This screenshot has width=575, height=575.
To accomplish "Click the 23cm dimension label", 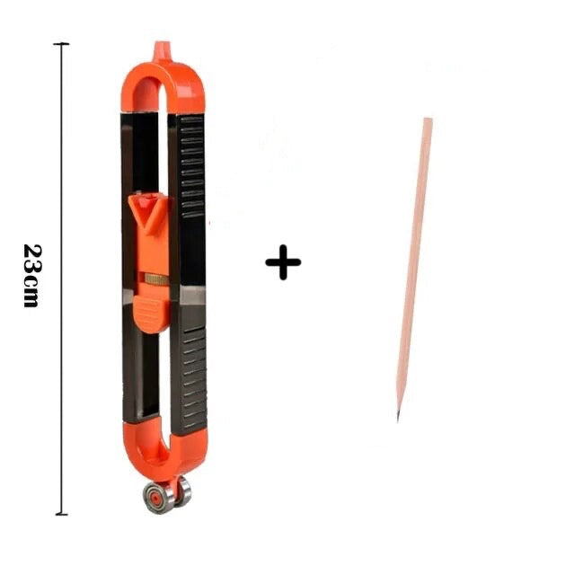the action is [32, 276].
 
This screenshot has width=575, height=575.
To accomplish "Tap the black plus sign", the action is [283, 262].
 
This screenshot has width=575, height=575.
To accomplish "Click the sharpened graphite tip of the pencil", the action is [398, 417].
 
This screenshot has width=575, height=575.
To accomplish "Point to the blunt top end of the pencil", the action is [428, 119].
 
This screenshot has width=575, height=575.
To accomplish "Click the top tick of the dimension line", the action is [61, 44].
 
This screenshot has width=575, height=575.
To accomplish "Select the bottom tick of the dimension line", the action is [61, 514].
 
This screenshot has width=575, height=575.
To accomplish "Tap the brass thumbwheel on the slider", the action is [156, 279].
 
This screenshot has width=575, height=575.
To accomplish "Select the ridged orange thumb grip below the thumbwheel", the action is [151, 313].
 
